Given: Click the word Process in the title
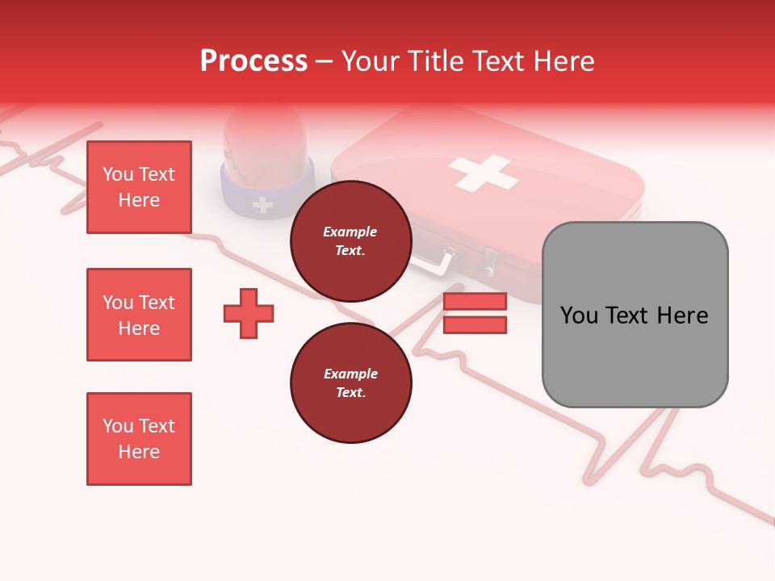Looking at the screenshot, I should click(x=253, y=61).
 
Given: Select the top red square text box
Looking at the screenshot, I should click(x=139, y=187).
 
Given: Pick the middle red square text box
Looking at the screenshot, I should click(x=139, y=315).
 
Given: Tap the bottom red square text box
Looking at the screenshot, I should click(x=139, y=439).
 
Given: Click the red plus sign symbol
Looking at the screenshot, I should click(x=249, y=313).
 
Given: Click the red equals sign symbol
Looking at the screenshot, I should click(x=475, y=313).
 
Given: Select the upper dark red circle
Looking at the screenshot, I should click(x=350, y=241).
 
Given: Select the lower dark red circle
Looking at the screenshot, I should click(x=350, y=383).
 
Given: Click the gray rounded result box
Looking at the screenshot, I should click(x=635, y=315).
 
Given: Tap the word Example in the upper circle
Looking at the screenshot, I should click(x=350, y=232).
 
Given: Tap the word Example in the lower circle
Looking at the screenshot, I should click(x=350, y=374).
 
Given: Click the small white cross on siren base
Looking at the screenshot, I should click(x=262, y=204).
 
